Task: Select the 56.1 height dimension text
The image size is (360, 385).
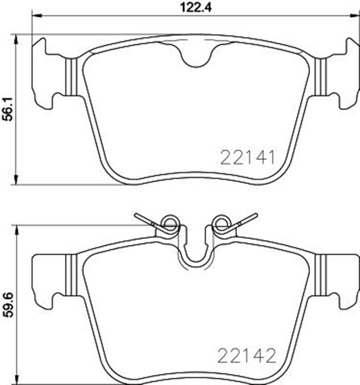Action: pos(7,109)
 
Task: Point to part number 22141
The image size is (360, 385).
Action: pos(248,158)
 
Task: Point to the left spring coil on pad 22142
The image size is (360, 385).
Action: pos(170,226)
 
